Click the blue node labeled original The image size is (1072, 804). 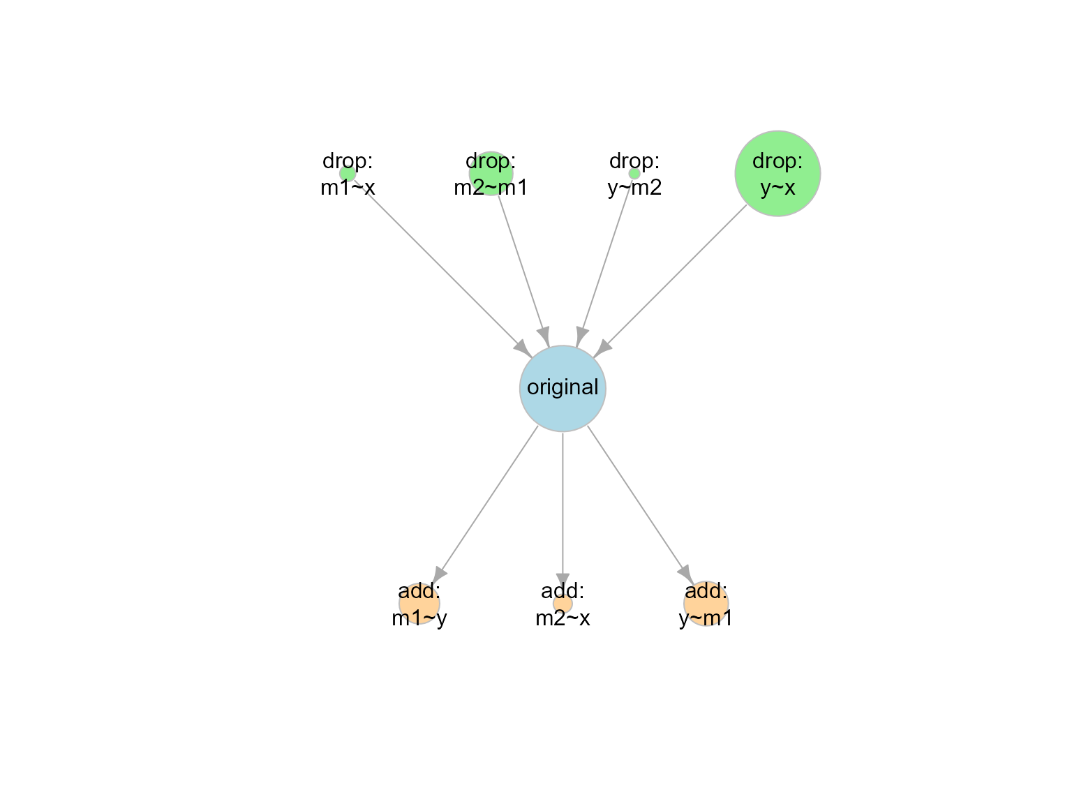tap(563, 389)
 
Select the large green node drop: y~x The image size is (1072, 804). tap(777, 173)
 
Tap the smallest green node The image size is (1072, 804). tap(634, 174)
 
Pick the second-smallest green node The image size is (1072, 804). tap(347, 173)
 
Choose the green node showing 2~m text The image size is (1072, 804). tap(491, 173)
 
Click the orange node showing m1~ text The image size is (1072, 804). tap(419, 603)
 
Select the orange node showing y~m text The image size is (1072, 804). tap(706, 603)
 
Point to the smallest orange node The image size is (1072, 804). tap(563, 604)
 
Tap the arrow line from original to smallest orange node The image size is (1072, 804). tap(563, 502)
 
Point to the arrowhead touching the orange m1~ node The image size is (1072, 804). tap(440, 574)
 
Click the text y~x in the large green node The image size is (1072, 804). tap(777, 188)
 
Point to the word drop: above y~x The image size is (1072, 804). tap(777, 161)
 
